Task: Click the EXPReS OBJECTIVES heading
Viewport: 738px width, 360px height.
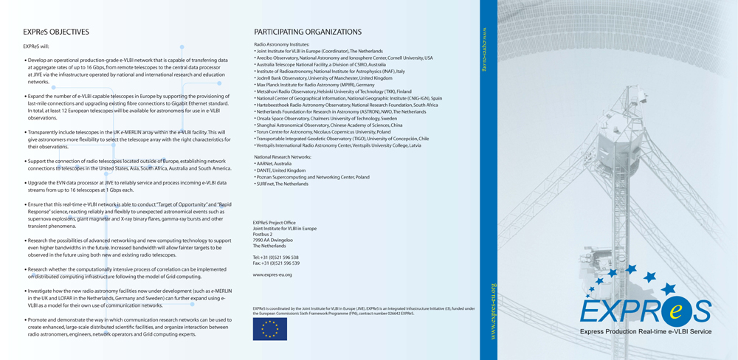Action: (56, 32)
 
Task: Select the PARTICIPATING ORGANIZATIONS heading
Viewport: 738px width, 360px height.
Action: (308, 32)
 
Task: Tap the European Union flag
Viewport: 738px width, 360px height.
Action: (269, 329)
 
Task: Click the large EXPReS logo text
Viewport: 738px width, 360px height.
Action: (645, 311)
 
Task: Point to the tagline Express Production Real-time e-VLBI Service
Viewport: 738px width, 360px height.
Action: (646, 333)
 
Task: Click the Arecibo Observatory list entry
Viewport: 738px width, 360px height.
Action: (344, 58)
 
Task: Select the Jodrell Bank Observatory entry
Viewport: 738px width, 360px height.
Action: (324, 77)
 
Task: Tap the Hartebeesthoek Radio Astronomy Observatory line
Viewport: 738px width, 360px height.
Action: (347, 105)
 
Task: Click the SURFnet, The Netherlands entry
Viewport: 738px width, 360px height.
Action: (283, 184)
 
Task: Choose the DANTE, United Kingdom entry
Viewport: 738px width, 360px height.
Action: (281, 170)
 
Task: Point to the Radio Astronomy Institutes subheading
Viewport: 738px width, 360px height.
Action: (282, 44)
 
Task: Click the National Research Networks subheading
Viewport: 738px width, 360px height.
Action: (283, 156)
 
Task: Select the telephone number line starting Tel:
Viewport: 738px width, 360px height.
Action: (275, 257)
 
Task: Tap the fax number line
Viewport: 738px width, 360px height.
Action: (276, 263)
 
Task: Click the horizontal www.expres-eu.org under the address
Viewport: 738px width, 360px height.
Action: (272, 274)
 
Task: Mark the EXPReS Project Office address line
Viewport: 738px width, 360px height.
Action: (274, 222)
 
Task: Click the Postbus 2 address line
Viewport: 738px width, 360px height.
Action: (263, 234)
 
